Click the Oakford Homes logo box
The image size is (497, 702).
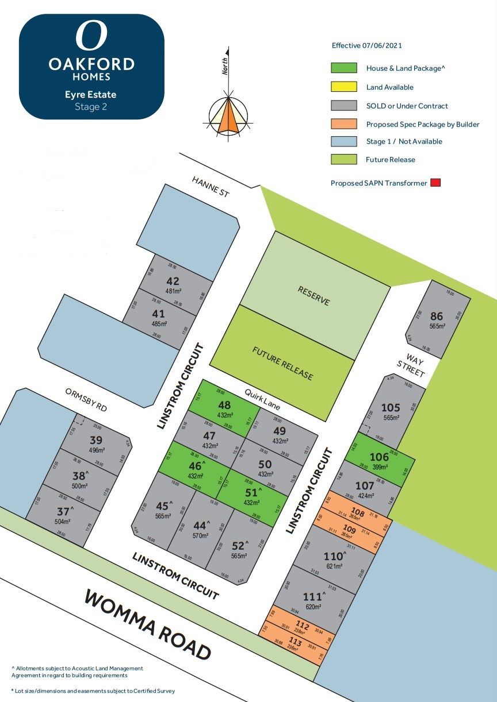(91, 67)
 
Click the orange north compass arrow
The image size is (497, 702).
(229, 118)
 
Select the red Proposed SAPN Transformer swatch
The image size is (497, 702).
(435, 183)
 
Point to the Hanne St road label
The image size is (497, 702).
(211, 187)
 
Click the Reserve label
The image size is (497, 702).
(314, 295)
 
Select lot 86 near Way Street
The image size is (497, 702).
(437, 318)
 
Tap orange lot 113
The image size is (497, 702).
(295, 645)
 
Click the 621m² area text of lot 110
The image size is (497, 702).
(334, 566)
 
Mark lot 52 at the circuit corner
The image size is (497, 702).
(239, 546)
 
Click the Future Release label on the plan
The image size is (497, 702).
(282, 363)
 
